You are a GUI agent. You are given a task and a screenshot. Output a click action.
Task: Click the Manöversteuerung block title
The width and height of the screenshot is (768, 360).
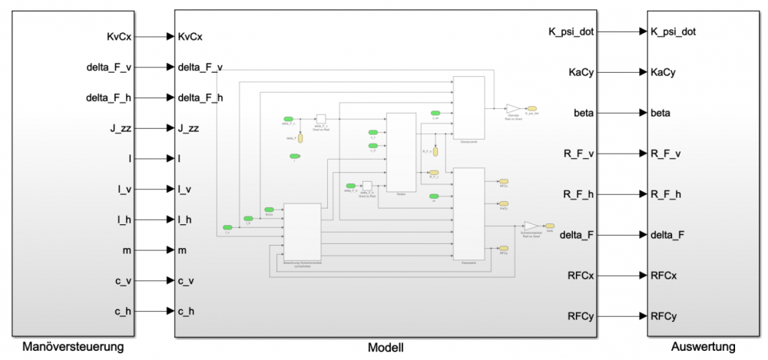point(73,347)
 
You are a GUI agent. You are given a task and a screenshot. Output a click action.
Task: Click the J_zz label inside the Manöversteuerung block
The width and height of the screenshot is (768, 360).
point(120,128)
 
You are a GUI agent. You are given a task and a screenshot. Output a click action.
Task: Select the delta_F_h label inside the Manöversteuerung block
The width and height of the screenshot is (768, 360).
point(108,97)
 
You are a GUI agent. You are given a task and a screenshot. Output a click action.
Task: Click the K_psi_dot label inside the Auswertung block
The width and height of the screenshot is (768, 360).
point(673,32)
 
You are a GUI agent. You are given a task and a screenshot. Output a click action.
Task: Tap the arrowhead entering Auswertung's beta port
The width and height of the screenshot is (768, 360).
point(643,113)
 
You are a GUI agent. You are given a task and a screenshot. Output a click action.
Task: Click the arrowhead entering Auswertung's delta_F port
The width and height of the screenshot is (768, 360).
point(643,234)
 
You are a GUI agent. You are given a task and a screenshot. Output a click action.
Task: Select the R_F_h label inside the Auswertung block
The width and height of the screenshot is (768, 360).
point(666,193)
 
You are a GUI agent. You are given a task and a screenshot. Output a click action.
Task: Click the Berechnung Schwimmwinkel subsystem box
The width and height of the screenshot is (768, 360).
point(302,230)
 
